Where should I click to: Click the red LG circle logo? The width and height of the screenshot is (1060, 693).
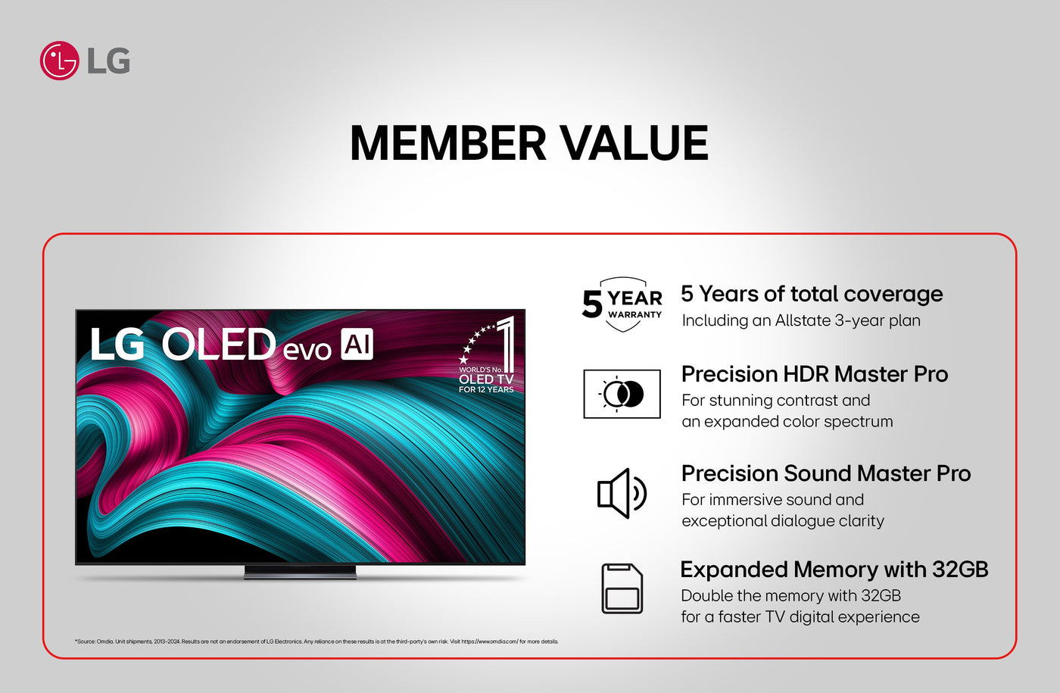coord(59,61)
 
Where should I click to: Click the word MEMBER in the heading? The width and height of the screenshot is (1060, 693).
coord(448,143)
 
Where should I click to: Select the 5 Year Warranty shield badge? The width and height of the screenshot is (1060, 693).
coord(622,304)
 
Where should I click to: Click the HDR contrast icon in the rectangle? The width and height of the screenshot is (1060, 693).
coord(622,394)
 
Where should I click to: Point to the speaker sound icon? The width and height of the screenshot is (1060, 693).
coord(622,493)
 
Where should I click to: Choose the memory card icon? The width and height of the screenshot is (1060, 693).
coord(622,588)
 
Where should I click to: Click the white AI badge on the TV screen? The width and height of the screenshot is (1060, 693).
coord(357,344)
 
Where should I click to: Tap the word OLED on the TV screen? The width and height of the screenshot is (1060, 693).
coord(219,344)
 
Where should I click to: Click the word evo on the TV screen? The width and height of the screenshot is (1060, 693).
coord(307,350)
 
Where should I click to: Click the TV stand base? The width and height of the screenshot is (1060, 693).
coord(300,572)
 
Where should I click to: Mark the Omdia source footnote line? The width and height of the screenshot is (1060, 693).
coord(316,642)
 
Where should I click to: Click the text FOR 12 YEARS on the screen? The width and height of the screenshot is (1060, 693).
coord(486,389)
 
